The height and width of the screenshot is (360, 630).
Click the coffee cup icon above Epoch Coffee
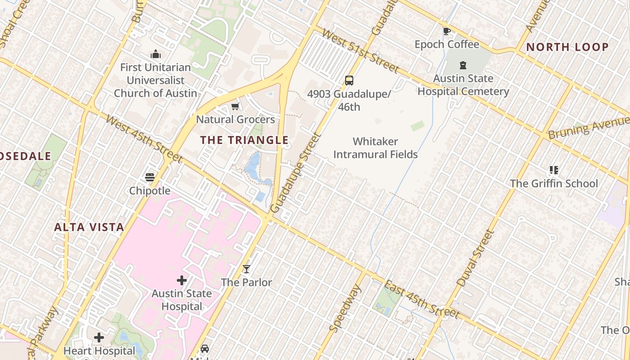(x=446, y=31)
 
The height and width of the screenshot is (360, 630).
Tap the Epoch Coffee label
(x=447, y=44)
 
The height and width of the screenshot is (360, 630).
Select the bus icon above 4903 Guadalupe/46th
(x=349, y=81)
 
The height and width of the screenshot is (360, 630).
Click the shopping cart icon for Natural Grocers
(x=235, y=107)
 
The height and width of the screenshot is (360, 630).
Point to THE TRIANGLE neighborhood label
(x=244, y=140)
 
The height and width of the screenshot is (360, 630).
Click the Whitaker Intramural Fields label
(x=375, y=148)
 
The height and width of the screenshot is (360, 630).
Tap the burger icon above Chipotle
(x=150, y=177)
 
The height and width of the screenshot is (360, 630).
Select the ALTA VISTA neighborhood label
(x=89, y=227)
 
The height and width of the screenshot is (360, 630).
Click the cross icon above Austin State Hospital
(x=181, y=280)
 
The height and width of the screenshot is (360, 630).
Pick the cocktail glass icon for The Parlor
(x=246, y=269)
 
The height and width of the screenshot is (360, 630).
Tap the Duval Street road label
(x=475, y=258)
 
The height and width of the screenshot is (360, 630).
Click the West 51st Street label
(x=360, y=51)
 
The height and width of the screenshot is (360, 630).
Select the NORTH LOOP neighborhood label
(x=567, y=47)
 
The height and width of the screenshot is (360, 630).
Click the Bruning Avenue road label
(x=588, y=128)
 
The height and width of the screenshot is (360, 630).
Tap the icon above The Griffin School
(x=554, y=170)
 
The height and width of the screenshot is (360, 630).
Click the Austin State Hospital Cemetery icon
(x=463, y=65)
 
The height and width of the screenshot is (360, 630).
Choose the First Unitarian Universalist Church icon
(x=156, y=54)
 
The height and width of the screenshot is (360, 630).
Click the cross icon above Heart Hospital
(x=99, y=337)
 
